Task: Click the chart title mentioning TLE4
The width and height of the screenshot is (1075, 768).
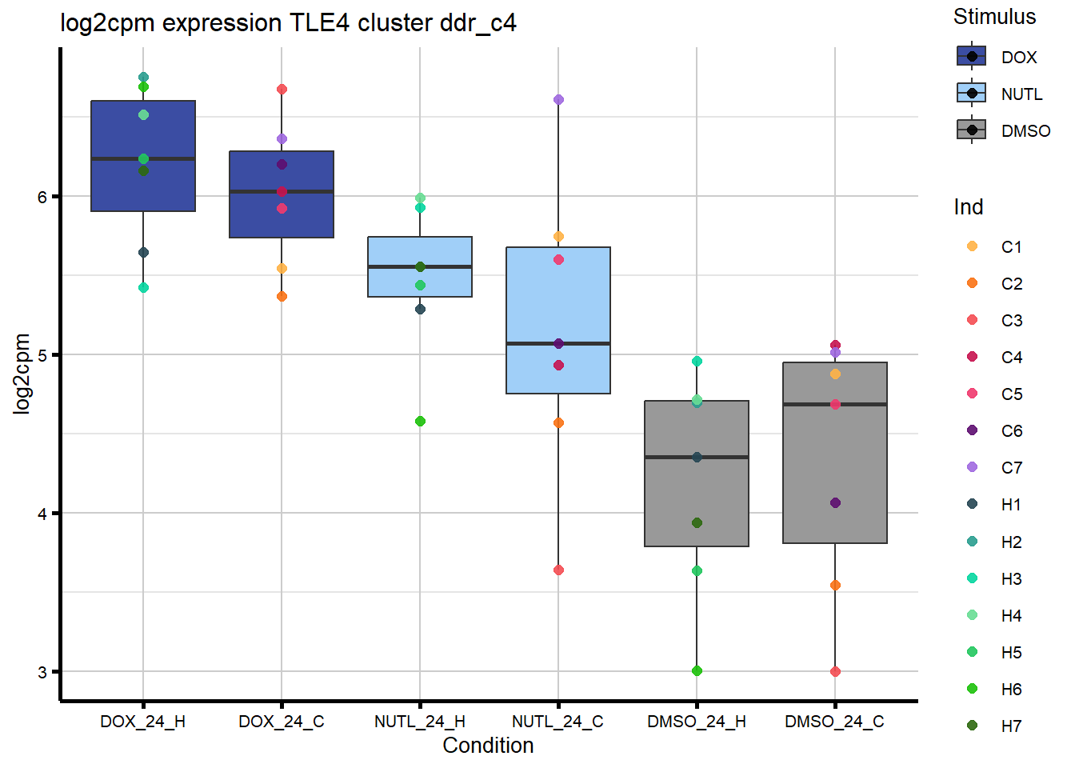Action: (x=288, y=23)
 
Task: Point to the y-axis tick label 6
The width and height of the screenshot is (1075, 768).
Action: (x=42, y=197)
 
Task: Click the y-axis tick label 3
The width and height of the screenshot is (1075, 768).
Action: (x=42, y=672)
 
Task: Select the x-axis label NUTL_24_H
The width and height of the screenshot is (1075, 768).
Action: (x=420, y=722)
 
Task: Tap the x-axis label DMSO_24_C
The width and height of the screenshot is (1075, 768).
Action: (x=834, y=722)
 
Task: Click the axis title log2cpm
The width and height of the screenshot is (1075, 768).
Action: (x=22, y=374)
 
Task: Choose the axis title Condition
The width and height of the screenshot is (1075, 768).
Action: (x=488, y=746)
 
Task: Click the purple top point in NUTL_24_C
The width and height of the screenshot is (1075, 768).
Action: (x=558, y=100)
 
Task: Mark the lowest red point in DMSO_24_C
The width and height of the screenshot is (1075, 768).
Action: (x=835, y=671)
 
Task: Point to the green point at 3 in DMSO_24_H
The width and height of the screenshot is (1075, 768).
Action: (x=697, y=670)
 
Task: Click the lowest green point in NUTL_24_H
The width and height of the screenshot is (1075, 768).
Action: (x=420, y=421)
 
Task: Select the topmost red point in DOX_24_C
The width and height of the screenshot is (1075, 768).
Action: (x=282, y=90)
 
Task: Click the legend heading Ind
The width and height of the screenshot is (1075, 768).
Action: (x=968, y=207)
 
